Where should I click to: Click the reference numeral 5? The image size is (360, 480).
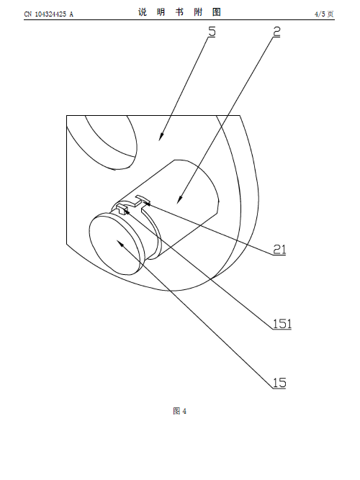click(212, 32)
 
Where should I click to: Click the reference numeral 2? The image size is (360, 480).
click(276, 32)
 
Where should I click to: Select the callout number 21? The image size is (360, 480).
click(279, 250)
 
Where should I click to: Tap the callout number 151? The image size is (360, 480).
click(282, 324)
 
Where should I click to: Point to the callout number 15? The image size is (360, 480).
click(279, 383)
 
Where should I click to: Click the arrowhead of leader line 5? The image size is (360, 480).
click(161, 137)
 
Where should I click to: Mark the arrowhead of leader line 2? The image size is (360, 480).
click(180, 199)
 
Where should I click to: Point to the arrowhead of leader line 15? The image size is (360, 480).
click(120, 244)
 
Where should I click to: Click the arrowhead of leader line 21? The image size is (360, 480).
click(146, 204)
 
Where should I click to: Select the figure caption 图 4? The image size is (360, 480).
click(180, 411)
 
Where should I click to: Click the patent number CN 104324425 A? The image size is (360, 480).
click(49, 14)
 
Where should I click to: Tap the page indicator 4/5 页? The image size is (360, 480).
click(324, 14)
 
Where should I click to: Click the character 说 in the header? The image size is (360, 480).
click(143, 12)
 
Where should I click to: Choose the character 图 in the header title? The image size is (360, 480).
click(217, 12)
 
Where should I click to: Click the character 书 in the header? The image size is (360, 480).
click(179, 12)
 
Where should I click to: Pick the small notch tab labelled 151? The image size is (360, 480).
click(122, 209)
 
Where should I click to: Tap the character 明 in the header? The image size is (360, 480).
click(161, 12)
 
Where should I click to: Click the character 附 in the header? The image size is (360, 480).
click(198, 12)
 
